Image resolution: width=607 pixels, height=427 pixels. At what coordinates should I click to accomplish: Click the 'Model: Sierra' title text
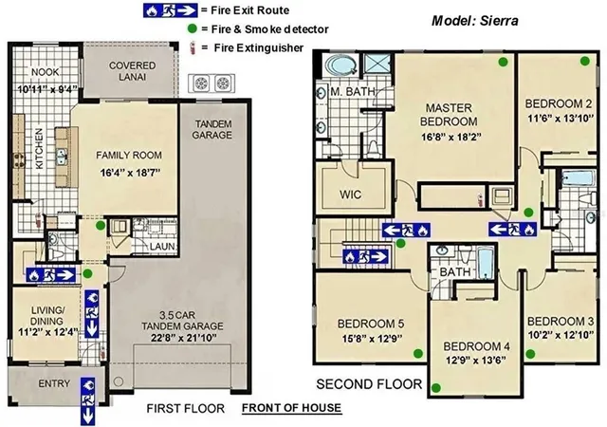(475, 20)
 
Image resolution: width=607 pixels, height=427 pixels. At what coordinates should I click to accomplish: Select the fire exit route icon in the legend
(156, 10)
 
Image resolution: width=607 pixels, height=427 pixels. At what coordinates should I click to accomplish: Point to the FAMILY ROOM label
(129, 155)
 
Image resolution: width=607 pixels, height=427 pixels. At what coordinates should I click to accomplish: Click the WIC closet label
(351, 195)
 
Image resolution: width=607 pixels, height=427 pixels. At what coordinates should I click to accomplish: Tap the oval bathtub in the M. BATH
(340, 66)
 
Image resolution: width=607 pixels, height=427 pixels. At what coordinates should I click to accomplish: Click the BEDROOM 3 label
(561, 321)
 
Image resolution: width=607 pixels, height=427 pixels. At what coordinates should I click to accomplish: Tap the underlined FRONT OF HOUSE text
(291, 408)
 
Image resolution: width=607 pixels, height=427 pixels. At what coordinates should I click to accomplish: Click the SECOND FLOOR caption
(369, 384)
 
